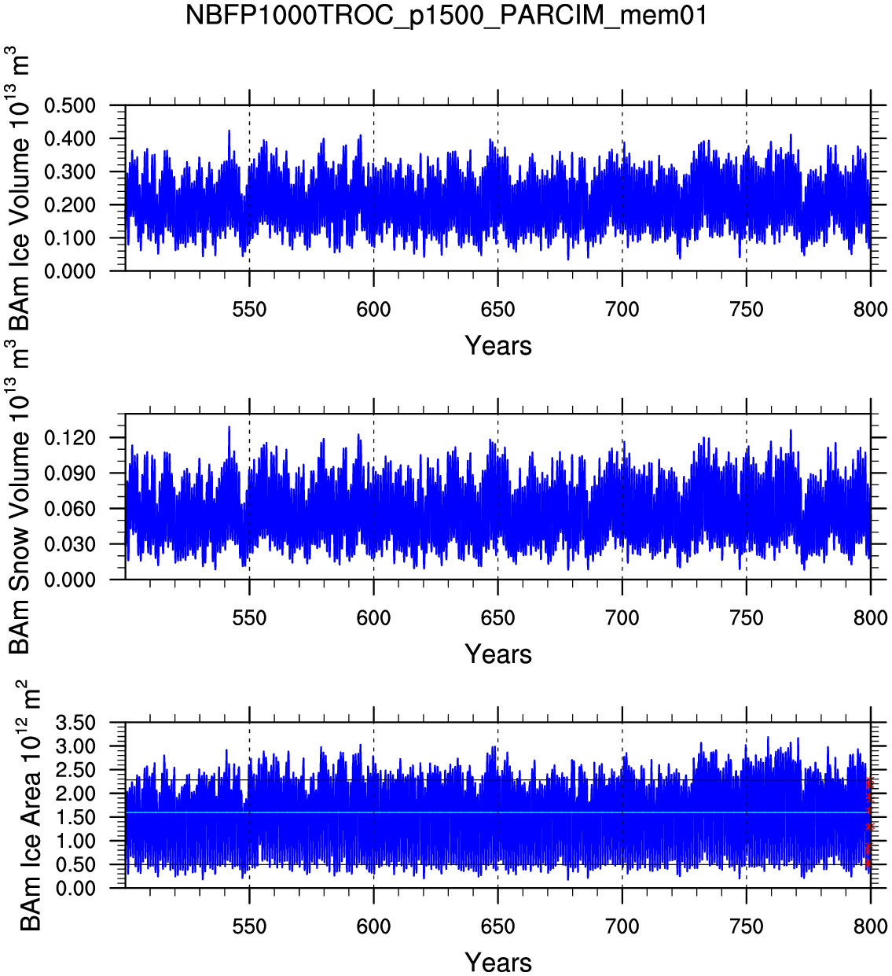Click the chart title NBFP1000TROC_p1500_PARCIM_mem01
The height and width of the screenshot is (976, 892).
click(x=446, y=15)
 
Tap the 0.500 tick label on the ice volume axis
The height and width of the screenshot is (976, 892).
click(x=69, y=106)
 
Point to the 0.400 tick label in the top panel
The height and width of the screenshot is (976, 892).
click(x=69, y=139)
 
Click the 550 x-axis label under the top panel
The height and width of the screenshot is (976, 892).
click(x=249, y=310)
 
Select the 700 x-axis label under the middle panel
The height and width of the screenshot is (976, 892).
click(x=622, y=618)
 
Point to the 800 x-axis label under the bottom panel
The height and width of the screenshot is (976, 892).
click(x=870, y=926)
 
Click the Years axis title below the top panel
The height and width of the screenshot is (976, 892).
click(x=498, y=346)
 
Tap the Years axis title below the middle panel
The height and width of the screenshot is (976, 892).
click(x=498, y=654)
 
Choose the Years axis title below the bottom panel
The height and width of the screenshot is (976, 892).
click(x=498, y=962)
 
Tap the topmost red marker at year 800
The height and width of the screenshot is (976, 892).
click(x=869, y=782)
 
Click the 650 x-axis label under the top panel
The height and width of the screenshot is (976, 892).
click(x=497, y=310)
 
